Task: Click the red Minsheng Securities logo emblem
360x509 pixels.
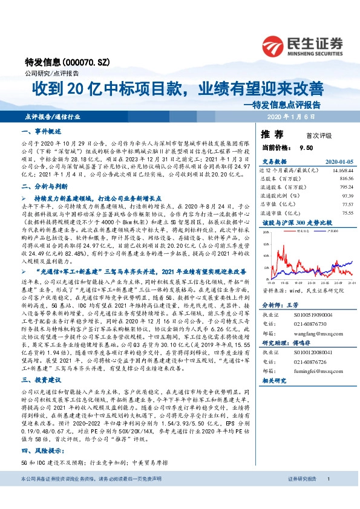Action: point(272,43)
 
